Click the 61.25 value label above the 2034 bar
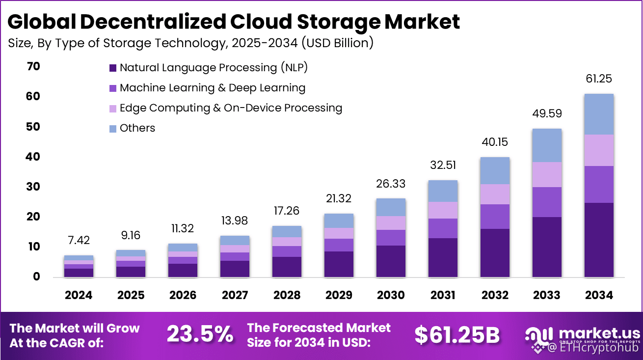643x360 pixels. coord(598,79)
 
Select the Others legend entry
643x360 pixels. coord(137,128)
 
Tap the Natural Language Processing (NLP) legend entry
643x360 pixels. coord(214,68)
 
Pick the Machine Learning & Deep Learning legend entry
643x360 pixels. coord(212,88)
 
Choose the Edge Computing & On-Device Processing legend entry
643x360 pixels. coord(231,108)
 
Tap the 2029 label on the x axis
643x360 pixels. coord(339,295)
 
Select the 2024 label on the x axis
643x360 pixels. coord(79,295)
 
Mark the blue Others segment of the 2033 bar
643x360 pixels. coord(546,145)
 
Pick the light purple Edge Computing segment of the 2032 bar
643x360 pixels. coord(495,194)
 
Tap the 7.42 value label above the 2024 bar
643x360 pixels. coord(79,240)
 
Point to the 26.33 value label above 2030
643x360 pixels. coord(391,183)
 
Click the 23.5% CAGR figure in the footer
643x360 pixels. coord(200,334)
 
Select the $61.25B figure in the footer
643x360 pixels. coord(457,334)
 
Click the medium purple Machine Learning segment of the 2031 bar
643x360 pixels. coord(443,228)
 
